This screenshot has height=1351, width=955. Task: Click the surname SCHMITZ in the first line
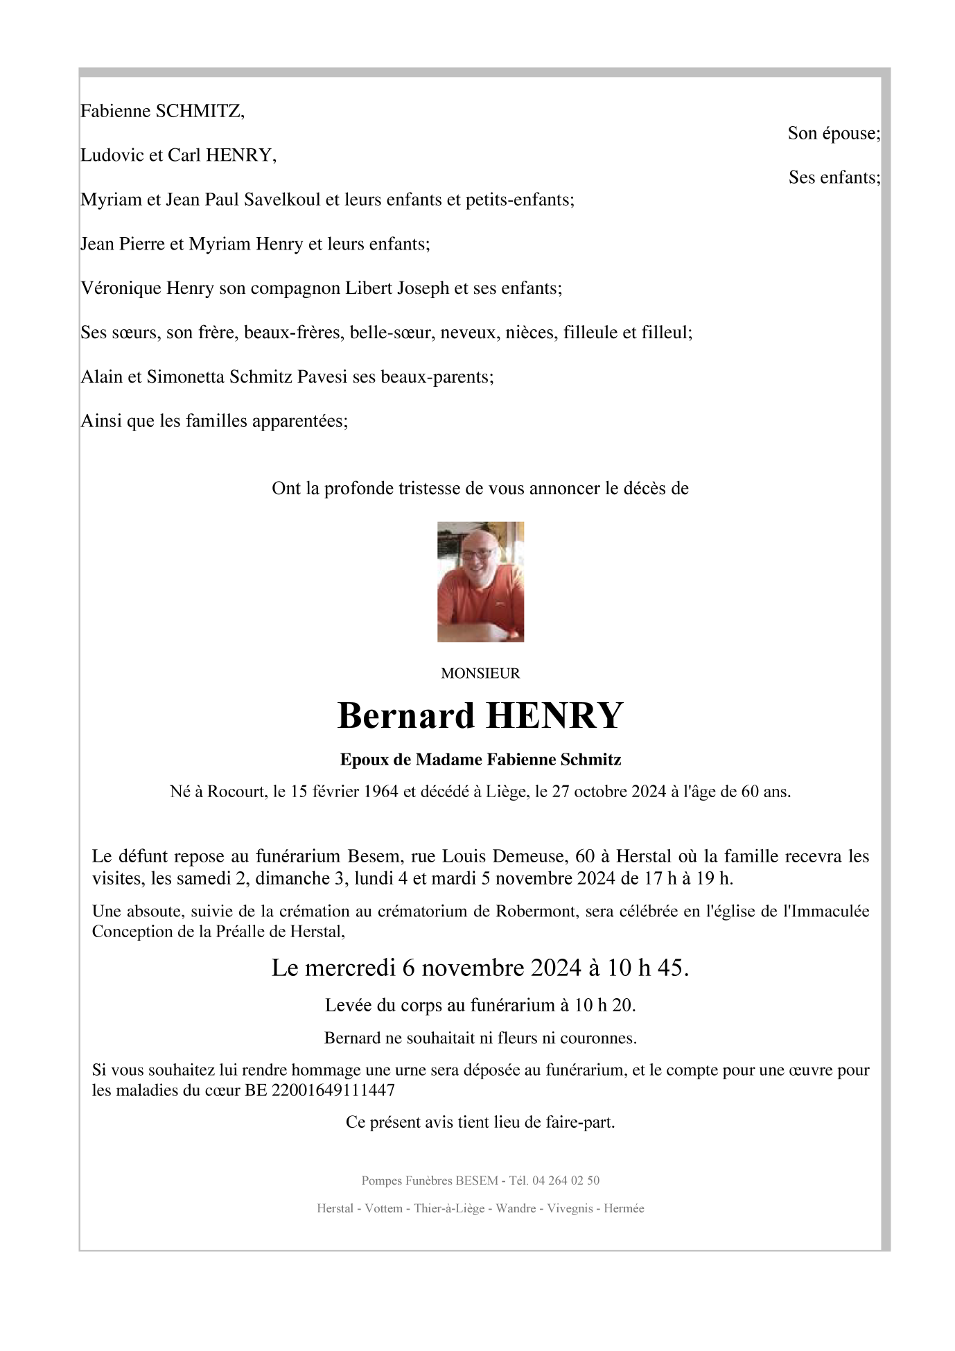pos(200,112)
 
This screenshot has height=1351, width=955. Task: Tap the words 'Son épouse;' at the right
pos(834,134)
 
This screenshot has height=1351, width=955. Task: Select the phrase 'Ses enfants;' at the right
pos(834,178)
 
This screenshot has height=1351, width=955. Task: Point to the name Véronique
pos(121,288)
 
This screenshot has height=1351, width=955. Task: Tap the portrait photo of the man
pos(480,582)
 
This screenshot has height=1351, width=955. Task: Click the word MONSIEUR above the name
pos(480,673)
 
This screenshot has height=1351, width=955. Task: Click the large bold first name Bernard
pos(405,716)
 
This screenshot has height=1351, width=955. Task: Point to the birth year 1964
pos(378,792)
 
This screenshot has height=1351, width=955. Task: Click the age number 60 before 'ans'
pos(750,792)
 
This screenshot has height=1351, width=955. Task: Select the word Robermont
pos(536,912)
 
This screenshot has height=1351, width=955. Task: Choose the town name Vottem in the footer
pos(383,1209)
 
